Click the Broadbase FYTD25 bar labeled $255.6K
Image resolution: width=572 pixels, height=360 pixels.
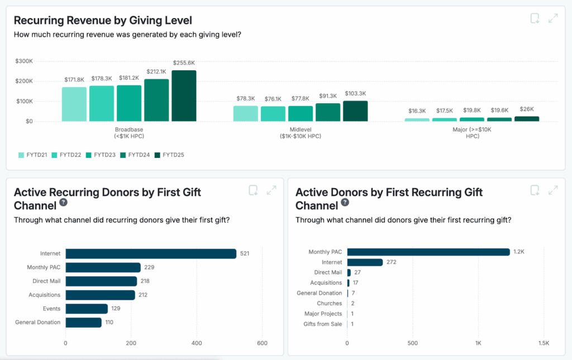tap(184, 95)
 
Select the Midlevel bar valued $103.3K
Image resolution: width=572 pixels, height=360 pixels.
tap(355, 111)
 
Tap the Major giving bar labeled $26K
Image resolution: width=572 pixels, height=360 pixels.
tap(527, 119)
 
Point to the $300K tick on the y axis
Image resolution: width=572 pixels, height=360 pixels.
tap(25, 61)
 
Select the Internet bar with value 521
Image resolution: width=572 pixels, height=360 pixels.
tap(151, 253)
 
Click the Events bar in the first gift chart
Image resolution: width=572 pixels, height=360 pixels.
tap(87, 309)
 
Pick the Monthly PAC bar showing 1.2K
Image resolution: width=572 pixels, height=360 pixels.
tap(428, 252)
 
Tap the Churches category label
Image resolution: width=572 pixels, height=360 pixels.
tap(329, 303)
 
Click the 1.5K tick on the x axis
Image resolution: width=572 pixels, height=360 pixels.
tap(544, 343)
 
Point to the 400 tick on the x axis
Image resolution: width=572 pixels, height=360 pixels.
tap(197, 343)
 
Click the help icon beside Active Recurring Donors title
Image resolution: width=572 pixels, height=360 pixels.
tap(64, 203)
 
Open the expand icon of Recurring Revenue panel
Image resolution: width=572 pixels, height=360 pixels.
tap(553, 18)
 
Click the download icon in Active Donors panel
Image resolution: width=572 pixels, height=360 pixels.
tap(535, 190)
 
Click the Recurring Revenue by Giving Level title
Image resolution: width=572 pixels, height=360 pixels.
tap(103, 21)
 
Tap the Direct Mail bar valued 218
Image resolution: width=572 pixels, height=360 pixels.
tap(101, 281)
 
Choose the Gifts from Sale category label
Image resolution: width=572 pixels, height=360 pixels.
tap(322, 324)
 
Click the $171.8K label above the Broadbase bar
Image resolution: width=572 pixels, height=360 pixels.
tap(74, 80)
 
